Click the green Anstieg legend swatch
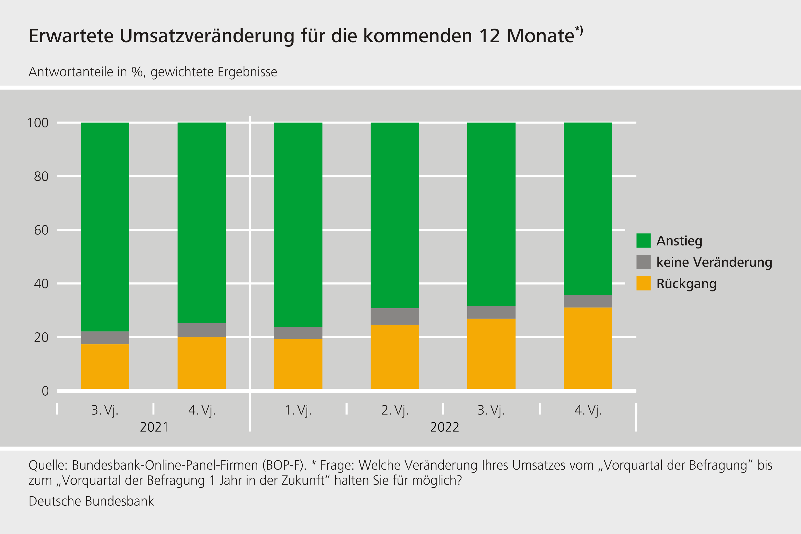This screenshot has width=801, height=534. pyautogui.click(x=643, y=240)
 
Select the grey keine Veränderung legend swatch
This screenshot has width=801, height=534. pyautogui.click(x=643, y=262)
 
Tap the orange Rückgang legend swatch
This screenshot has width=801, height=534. pyautogui.click(x=643, y=283)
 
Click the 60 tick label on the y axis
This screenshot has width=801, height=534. pyautogui.click(x=41, y=230)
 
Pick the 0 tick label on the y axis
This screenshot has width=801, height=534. pyautogui.click(x=45, y=391)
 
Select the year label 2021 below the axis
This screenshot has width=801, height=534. pyautogui.click(x=154, y=427)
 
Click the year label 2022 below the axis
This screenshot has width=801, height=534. pyautogui.click(x=444, y=427)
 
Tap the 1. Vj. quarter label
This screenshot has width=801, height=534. pyautogui.click(x=298, y=410)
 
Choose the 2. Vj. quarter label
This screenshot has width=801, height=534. pyautogui.click(x=395, y=410)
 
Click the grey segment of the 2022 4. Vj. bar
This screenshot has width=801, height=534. pyautogui.click(x=588, y=301)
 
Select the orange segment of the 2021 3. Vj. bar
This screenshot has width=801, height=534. pyautogui.click(x=105, y=367)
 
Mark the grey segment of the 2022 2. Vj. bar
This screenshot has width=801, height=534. pyautogui.click(x=395, y=316)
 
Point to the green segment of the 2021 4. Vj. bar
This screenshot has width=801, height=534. pyautogui.click(x=202, y=222)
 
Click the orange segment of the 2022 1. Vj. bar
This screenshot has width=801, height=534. pyautogui.click(x=298, y=364)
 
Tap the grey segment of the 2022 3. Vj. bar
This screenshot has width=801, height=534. pyautogui.click(x=491, y=312)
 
